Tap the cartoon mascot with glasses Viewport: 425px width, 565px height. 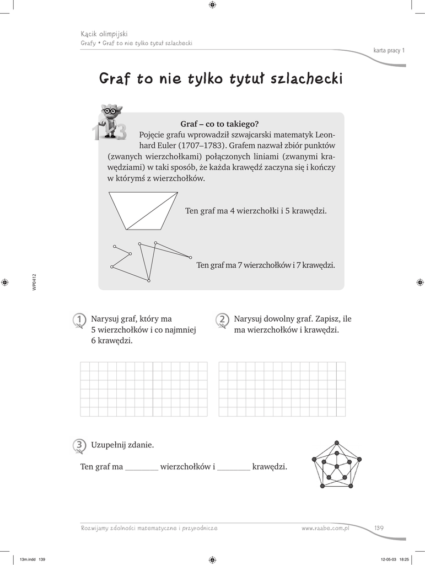click(x=110, y=121)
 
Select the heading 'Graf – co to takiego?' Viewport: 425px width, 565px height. click(x=219, y=124)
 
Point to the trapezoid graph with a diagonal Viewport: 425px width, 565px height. click(x=143, y=210)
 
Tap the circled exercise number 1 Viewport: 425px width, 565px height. click(x=79, y=319)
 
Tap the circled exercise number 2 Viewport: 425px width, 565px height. click(x=222, y=319)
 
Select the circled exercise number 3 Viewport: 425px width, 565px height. click(x=79, y=445)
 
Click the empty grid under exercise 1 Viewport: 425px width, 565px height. click(x=144, y=389)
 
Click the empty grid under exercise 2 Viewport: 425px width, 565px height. click(x=282, y=389)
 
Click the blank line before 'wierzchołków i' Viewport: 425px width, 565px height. click(x=142, y=469)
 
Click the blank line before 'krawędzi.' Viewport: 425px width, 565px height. click(x=234, y=469)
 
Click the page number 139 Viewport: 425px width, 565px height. click(x=379, y=528)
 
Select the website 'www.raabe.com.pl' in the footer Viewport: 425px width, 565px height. click(x=326, y=528)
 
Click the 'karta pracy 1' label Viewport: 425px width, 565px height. click(x=389, y=51)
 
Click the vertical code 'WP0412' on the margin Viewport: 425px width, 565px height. click(x=34, y=282)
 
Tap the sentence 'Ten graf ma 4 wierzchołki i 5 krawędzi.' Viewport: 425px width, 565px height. click(x=256, y=211)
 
